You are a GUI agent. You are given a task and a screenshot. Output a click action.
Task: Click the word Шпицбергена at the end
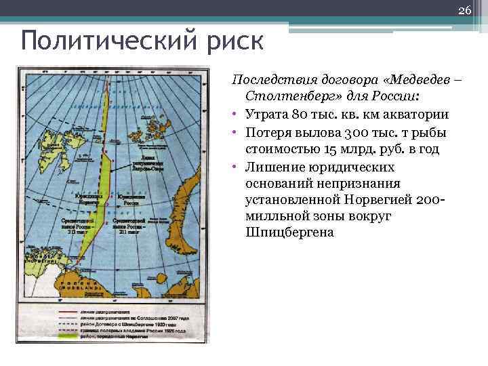tap(292, 232)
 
